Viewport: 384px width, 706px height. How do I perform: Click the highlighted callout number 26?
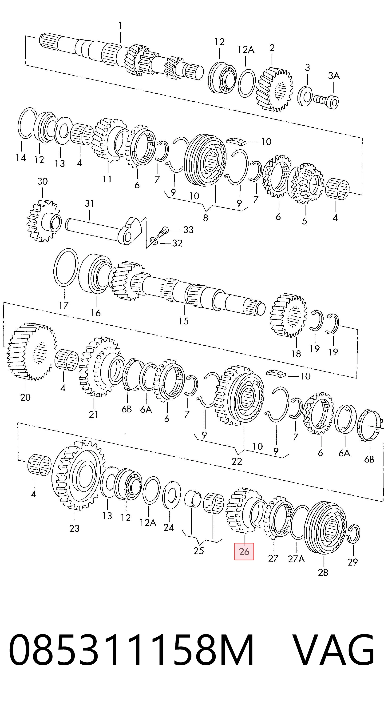(x=244, y=551)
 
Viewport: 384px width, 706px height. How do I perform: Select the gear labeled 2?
(x=274, y=89)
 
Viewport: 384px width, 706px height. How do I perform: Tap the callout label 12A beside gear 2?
(x=246, y=50)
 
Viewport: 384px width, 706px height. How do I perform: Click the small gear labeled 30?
(x=44, y=221)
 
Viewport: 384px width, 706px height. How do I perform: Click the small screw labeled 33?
(x=162, y=232)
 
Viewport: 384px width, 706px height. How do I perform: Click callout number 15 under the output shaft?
(x=183, y=321)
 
